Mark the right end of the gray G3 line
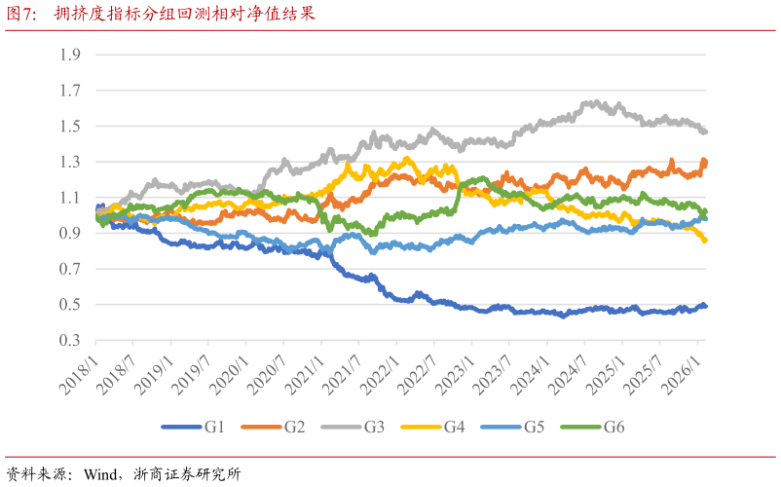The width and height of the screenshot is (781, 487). click(705, 131)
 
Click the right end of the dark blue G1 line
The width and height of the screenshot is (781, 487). click(705, 306)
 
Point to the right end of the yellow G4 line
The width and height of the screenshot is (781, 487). click(705, 241)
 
